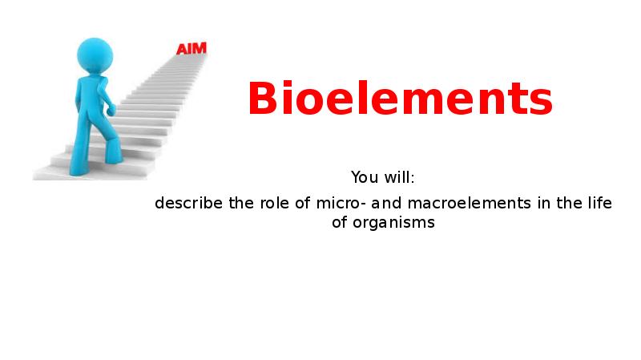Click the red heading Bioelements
tap(399, 99)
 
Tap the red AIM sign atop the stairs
tap(191, 48)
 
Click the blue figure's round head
tap(95, 55)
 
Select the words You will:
tap(382, 176)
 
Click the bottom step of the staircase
tap(80, 172)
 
